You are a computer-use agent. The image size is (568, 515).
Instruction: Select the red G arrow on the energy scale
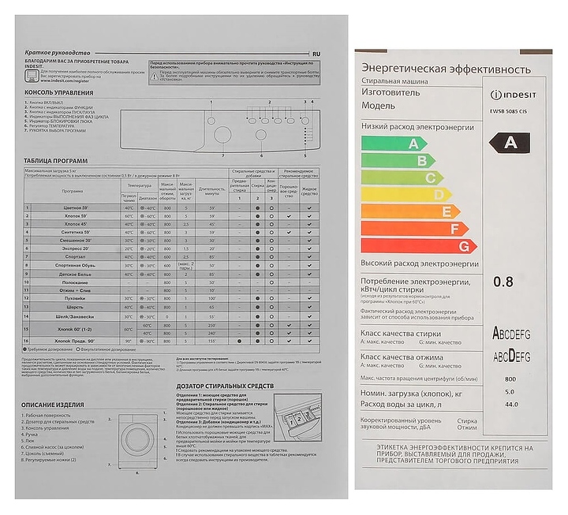[418, 246]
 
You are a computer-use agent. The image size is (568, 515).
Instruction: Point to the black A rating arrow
[513, 142]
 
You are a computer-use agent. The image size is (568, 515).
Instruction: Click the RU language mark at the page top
[316, 53]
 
